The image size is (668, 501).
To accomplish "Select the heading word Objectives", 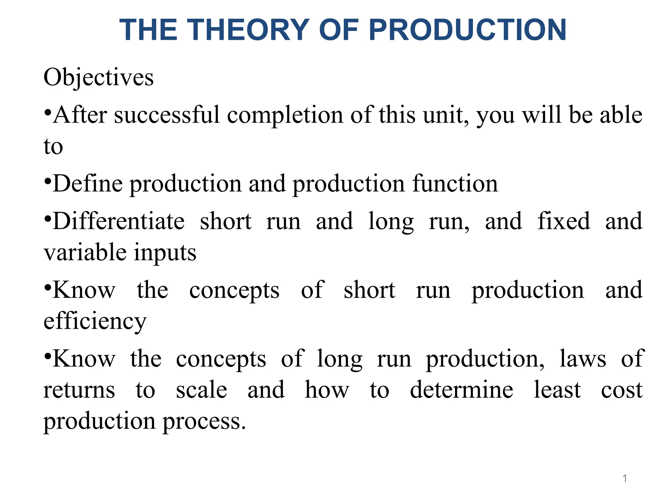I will (99, 78).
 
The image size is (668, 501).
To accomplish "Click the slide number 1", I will (625, 478).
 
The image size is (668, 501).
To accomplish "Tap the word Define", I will (88, 184).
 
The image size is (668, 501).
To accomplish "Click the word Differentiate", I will (119, 221).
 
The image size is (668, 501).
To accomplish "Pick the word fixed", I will (564, 221).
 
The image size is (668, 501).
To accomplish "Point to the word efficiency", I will (95, 322).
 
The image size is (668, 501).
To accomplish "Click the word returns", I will (79, 390).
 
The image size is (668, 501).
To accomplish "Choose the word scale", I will (202, 390).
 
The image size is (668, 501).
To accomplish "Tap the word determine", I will (462, 390).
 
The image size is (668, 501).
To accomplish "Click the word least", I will (557, 390).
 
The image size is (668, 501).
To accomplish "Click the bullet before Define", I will (48, 180).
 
